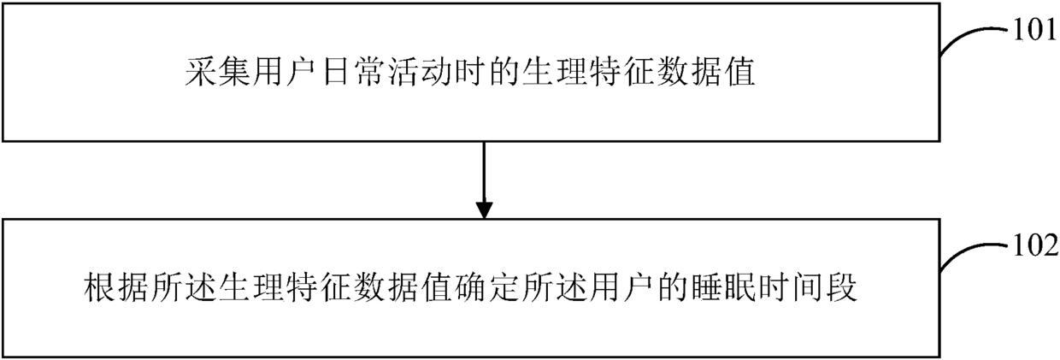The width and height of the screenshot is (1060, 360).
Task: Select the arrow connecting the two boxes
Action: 484,179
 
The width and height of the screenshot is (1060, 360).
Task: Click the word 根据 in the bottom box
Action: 118,289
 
